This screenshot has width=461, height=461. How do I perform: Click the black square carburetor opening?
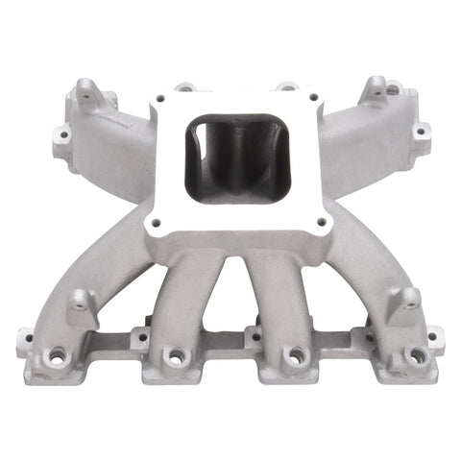coord(231,158)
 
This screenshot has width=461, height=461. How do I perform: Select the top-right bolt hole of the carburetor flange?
coord(312,97)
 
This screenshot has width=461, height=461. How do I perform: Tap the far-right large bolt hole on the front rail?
coord(418,356)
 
